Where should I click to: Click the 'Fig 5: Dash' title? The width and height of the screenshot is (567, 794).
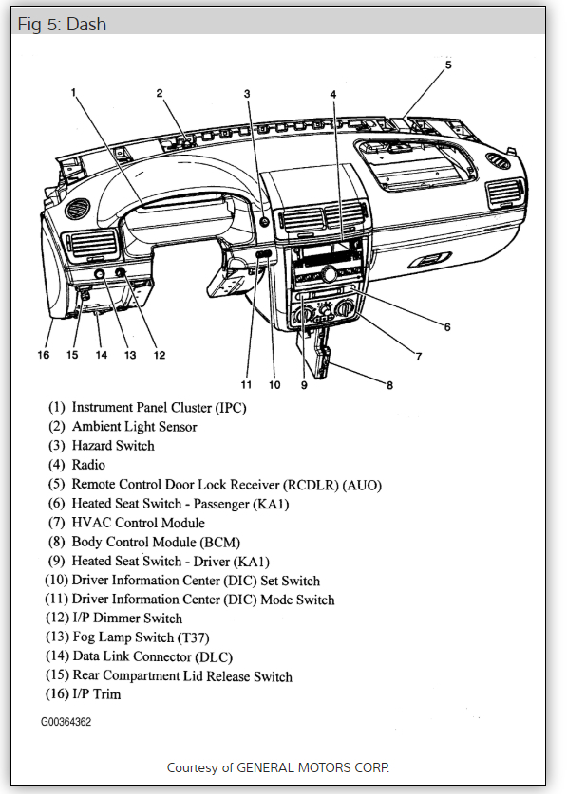coord(62,24)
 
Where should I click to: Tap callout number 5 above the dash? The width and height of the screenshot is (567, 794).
coord(448,65)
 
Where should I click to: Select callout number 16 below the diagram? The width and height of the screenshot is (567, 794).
coord(43,355)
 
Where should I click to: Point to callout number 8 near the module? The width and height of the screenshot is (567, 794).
coord(389,385)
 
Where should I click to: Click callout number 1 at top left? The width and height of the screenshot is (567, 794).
coord(73,92)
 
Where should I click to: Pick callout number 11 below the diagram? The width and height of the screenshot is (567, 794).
coord(246,385)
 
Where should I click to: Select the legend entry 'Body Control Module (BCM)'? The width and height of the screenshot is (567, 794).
coord(144,542)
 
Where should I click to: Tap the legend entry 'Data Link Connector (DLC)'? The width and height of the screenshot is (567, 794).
coord(139,656)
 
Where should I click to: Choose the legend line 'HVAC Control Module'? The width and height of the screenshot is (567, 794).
coord(126,523)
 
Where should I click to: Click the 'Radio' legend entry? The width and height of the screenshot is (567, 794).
coord(77,465)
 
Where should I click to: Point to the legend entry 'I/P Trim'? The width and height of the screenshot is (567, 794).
coord(84,693)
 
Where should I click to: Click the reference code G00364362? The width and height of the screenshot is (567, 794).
coord(66,722)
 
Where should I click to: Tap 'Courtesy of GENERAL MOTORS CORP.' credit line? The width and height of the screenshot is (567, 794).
coord(278,767)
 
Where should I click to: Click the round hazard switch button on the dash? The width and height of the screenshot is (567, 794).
coord(264,221)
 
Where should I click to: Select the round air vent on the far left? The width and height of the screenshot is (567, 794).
coord(78,209)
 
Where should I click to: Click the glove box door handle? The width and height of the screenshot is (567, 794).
coord(429,260)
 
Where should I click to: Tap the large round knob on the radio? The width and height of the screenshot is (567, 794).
coord(330,274)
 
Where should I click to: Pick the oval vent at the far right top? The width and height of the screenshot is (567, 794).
coord(498,160)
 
